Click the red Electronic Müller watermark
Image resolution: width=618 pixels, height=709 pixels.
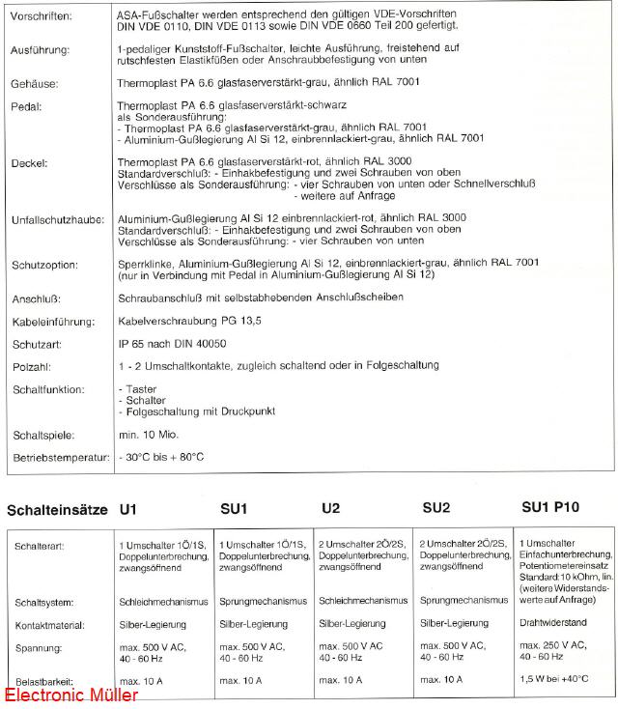pos(71,695)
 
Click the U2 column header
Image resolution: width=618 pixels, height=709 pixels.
pos(330,508)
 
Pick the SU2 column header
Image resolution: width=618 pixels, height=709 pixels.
pos(436,508)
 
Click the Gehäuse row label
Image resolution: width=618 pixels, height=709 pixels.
pos(35,85)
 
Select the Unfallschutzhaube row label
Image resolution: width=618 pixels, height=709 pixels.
pos(57,221)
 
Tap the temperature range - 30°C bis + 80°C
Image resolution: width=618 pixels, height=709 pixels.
pos(160,456)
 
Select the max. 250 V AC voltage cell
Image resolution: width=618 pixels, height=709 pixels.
pos(552,644)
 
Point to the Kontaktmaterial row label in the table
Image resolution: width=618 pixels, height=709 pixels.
pos(50,625)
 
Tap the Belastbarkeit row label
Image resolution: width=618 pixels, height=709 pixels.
pos(44,681)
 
